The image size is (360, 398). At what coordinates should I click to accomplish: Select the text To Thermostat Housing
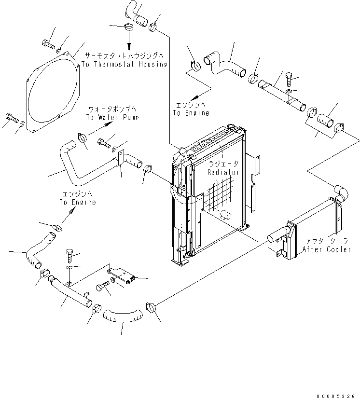click(x=124, y=64)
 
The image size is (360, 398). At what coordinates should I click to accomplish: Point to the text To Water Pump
click(x=112, y=117)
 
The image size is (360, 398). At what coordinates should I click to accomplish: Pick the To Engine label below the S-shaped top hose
click(x=191, y=113)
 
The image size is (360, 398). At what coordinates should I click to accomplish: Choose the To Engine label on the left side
click(x=78, y=202)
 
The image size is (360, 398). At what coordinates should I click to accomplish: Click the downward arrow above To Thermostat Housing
click(x=130, y=40)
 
